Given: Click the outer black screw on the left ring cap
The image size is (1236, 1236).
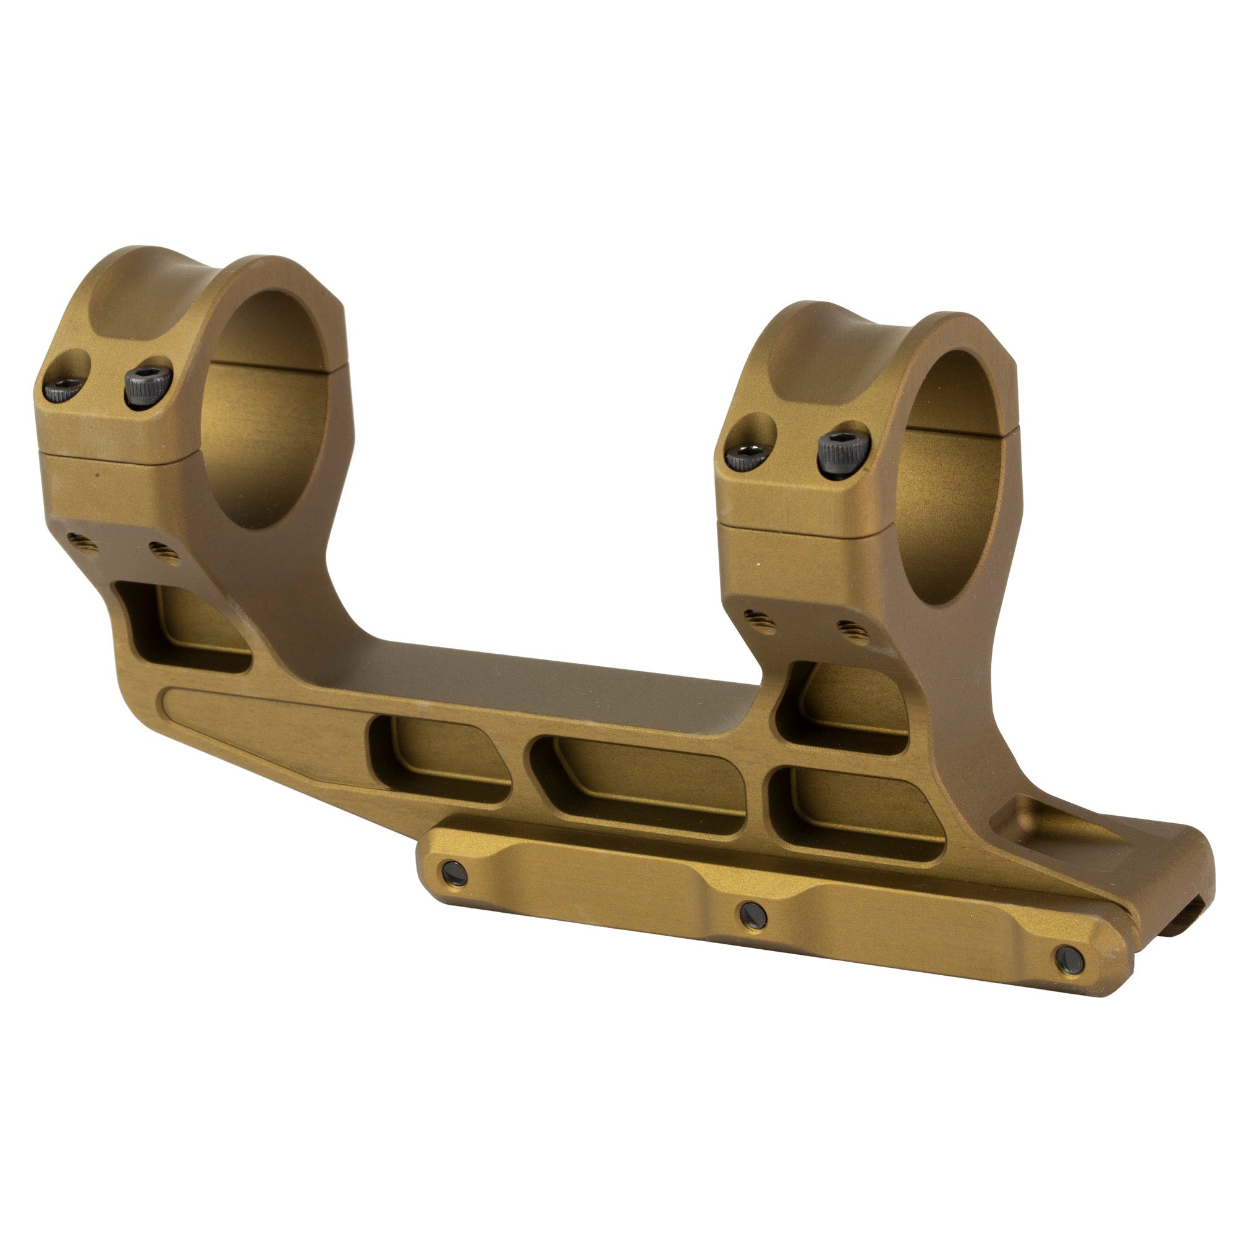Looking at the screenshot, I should click(x=62, y=388).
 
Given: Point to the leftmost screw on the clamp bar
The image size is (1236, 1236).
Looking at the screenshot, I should click(x=454, y=873).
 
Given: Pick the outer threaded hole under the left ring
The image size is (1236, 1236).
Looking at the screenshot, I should click(x=83, y=544).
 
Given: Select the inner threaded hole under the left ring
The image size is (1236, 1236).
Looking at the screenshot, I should click(x=165, y=551).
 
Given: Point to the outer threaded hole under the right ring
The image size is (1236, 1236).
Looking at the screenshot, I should click(x=760, y=621).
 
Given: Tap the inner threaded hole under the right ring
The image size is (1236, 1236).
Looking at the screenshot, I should click(x=853, y=632).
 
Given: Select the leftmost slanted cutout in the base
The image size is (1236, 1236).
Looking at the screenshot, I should click(x=441, y=758).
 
